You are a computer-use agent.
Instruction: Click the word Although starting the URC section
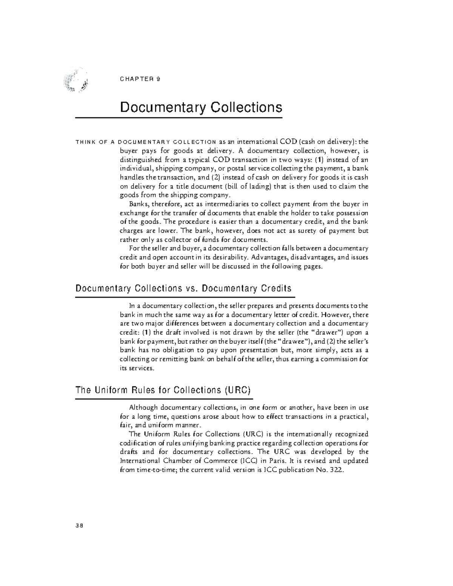click(x=143, y=408)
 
